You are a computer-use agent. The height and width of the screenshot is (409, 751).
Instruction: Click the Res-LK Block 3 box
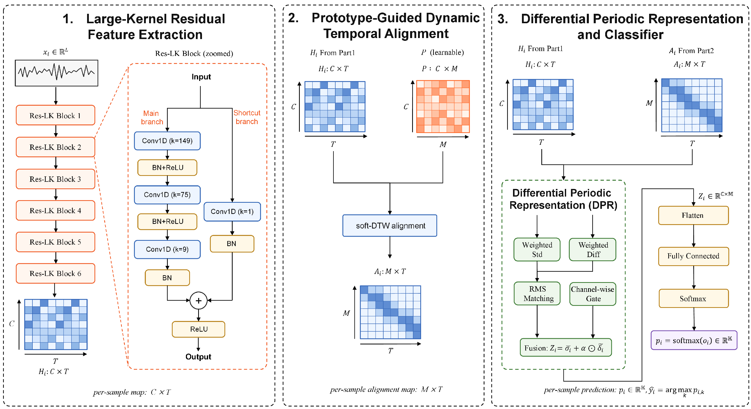click(x=55, y=179)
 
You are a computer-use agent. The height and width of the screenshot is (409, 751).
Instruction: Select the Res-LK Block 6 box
click(x=55, y=273)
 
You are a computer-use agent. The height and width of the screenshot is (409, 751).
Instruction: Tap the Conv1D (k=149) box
click(x=167, y=141)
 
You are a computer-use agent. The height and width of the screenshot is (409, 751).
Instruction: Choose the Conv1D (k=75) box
click(x=167, y=195)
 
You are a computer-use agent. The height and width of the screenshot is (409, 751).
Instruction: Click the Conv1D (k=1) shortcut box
click(x=232, y=212)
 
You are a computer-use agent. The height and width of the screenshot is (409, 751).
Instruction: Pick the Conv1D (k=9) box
click(x=167, y=249)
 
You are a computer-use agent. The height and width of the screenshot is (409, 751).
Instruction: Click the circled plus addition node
click(x=198, y=300)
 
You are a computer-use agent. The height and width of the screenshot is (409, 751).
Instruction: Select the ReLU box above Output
click(x=198, y=329)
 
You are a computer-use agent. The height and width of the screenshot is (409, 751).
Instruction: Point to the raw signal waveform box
click(x=56, y=73)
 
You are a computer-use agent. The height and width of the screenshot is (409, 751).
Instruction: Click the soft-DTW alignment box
click(x=390, y=226)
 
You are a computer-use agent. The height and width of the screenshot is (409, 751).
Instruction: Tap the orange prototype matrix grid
click(x=443, y=107)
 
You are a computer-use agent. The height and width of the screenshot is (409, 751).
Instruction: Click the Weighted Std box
click(x=537, y=249)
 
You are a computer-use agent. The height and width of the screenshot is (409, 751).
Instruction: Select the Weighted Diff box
click(x=593, y=249)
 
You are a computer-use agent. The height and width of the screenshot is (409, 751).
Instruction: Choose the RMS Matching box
click(x=537, y=294)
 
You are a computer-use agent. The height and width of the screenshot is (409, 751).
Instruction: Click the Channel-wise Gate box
click(x=593, y=294)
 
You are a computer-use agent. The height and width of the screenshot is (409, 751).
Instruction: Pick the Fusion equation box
click(x=566, y=347)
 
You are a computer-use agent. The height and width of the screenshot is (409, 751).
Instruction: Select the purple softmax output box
click(x=694, y=340)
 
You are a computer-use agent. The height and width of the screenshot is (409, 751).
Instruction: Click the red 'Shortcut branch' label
click(x=247, y=117)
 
